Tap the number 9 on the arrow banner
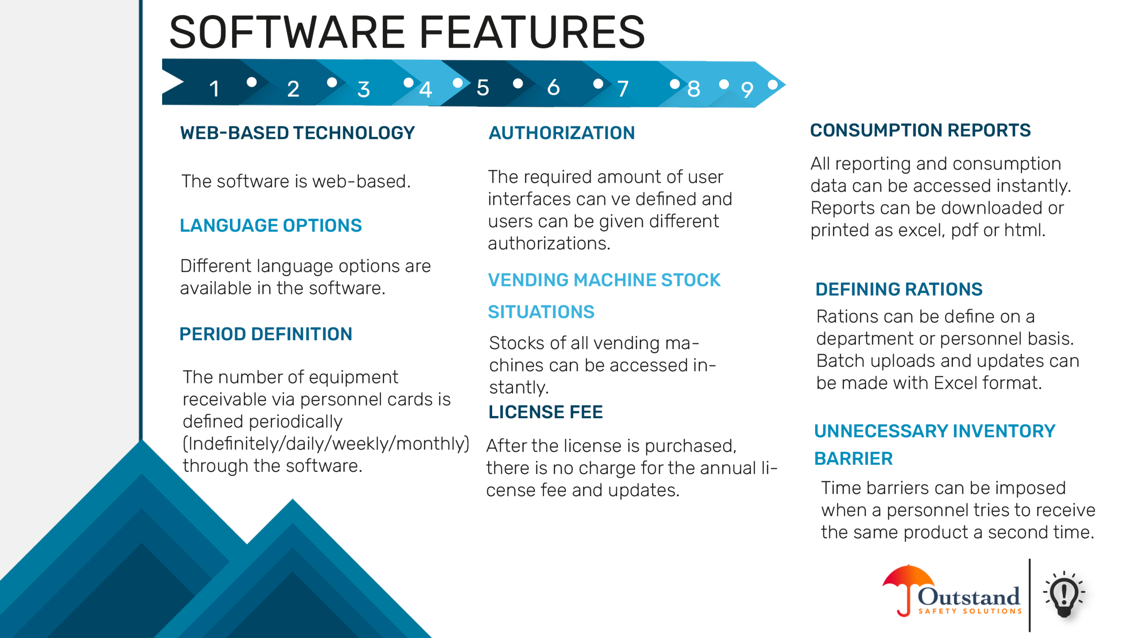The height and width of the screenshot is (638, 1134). coord(747,90)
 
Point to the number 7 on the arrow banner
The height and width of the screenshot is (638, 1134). coord(623,89)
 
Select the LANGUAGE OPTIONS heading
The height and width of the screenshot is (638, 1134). coord(271,225)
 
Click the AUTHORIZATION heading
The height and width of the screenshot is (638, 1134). coord(562,133)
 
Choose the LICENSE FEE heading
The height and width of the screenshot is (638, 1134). coord(546,412)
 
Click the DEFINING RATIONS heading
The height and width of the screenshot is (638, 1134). coord(899,289)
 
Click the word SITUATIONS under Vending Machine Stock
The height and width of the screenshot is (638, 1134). coord(541,312)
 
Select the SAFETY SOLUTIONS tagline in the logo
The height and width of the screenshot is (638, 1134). coord(970,611)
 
